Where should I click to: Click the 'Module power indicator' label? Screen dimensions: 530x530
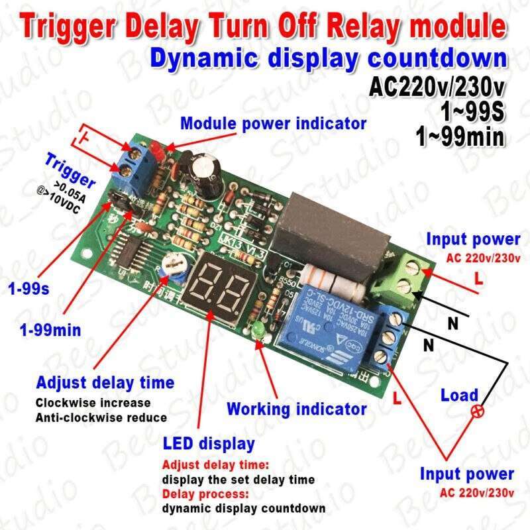[274, 123]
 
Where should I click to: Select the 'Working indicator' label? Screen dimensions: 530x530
[296, 409]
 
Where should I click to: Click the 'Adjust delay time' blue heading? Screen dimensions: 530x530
[105, 382]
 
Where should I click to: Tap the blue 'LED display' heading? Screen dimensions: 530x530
[208, 442]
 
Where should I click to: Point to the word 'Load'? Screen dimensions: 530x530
[460, 396]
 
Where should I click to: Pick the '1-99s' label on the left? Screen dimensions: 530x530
[26, 288]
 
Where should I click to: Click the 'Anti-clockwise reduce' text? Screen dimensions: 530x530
[101, 417]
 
